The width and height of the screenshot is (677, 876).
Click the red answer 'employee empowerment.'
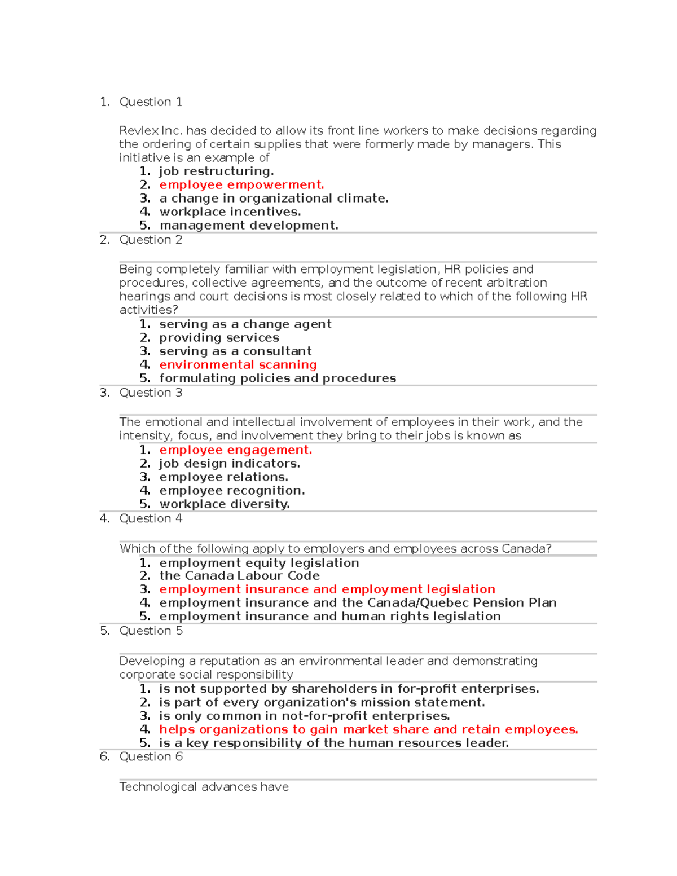[x=241, y=185]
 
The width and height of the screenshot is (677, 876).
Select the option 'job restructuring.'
[x=216, y=171]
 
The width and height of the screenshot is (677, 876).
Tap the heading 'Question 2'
[x=151, y=240]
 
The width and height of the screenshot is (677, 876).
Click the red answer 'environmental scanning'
[x=238, y=365]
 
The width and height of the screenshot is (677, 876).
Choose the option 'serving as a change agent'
[x=245, y=324]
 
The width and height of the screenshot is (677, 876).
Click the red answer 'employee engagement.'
[x=235, y=450]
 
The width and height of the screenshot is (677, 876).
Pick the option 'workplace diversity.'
[x=224, y=504]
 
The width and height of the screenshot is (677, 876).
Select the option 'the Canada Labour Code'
[x=239, y=576]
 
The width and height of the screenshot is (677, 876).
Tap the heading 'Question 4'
[x=151, y=518]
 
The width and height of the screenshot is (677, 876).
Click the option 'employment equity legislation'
[x=259, y=563]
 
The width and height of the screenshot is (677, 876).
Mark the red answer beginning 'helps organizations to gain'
[x=368, y=730]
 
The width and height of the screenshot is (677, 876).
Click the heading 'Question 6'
[x=151, y=757]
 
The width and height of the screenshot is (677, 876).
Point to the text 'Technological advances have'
[x=204, y=787]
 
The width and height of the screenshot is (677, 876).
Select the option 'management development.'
[x=249, y=226]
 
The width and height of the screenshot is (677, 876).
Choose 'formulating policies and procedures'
[x=278, y=378]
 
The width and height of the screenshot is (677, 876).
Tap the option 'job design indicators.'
[x=229, y=464]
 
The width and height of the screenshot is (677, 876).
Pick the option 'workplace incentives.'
[x=230, y=212]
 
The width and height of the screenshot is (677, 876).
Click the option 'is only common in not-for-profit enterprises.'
[x=304, y=716]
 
